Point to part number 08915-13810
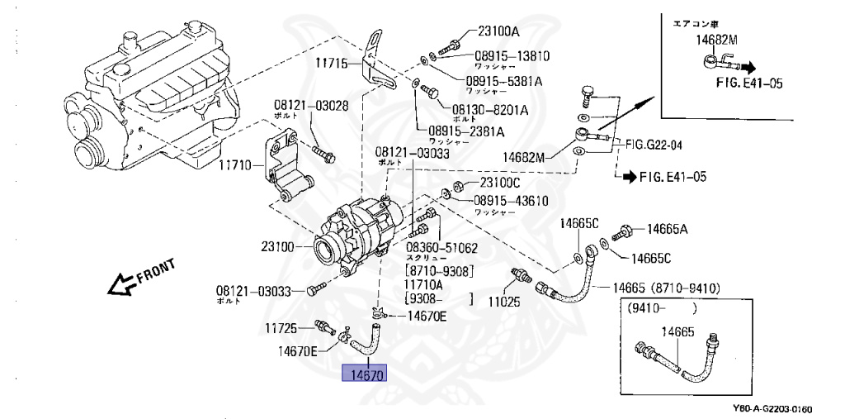512,56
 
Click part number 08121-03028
300,106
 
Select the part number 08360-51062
441,247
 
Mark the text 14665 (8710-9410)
667,288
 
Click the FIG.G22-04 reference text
658,145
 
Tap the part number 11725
281,328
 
